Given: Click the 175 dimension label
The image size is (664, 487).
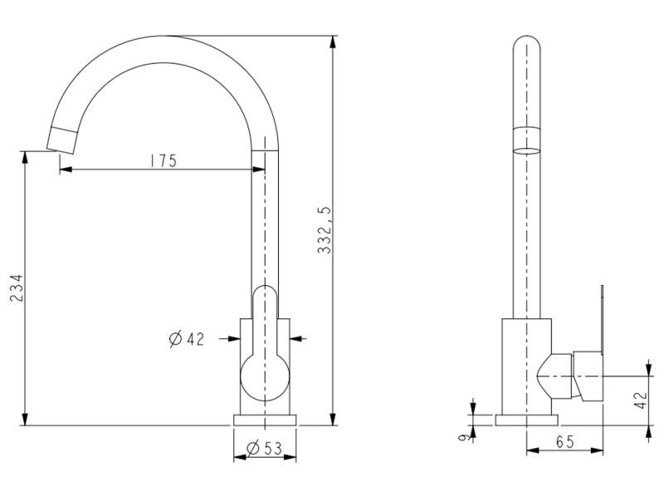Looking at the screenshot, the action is point(164,160).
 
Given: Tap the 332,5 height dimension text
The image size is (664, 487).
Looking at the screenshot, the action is point(325,231).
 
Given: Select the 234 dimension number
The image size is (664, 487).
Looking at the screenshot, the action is point(17,288).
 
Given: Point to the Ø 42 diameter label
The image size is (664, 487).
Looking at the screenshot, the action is point(186,339).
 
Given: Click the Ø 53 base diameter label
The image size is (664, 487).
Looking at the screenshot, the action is point(264,448).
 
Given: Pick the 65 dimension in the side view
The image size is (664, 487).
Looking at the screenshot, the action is point(565,442).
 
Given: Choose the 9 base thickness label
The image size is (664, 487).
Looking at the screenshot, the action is point(464,437).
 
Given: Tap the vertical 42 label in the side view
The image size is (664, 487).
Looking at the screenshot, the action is point(642,400).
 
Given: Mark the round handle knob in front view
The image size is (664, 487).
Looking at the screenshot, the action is point(265,377).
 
